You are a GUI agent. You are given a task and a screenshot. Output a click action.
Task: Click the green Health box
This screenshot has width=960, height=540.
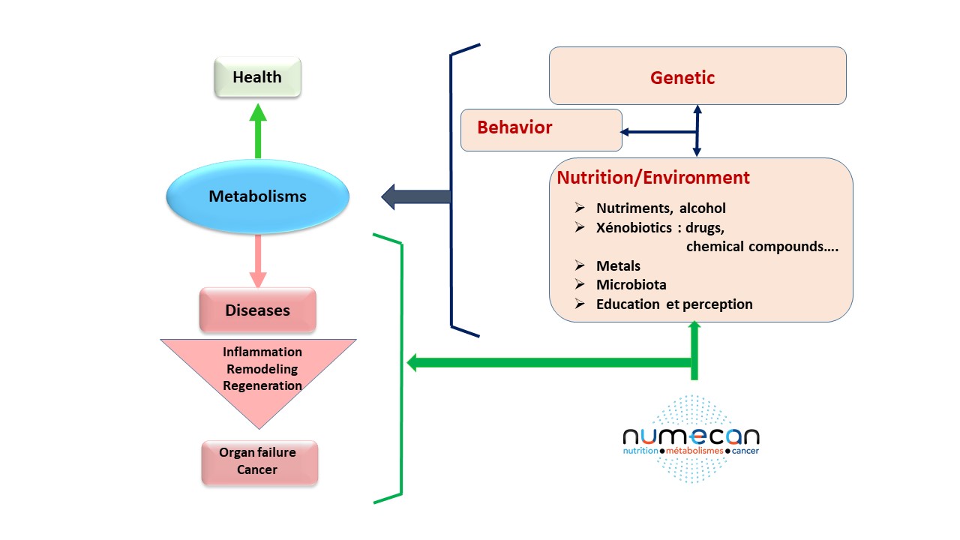[257, 78]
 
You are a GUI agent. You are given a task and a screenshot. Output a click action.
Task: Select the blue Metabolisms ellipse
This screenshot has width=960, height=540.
[257, 197]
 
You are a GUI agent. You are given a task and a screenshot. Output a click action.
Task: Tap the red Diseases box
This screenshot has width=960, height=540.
[257, 310]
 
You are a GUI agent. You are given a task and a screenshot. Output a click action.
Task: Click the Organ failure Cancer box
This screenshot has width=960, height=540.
[259, 461]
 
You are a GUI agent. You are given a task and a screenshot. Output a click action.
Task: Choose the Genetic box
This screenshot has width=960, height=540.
[697, 76]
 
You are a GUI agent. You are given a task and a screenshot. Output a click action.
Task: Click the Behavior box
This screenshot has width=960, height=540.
[540, 129]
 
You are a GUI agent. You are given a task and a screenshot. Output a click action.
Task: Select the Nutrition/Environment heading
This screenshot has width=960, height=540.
[652, 178]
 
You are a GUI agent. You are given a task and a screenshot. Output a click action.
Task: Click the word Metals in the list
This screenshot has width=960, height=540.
[619, 266]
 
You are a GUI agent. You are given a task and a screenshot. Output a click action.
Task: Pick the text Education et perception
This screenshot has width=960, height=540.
[674, 304]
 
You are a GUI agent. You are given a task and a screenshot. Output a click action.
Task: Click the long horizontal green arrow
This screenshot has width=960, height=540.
[547, 364]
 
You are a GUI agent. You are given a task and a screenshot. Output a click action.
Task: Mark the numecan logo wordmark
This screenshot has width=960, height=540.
[691, 436]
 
